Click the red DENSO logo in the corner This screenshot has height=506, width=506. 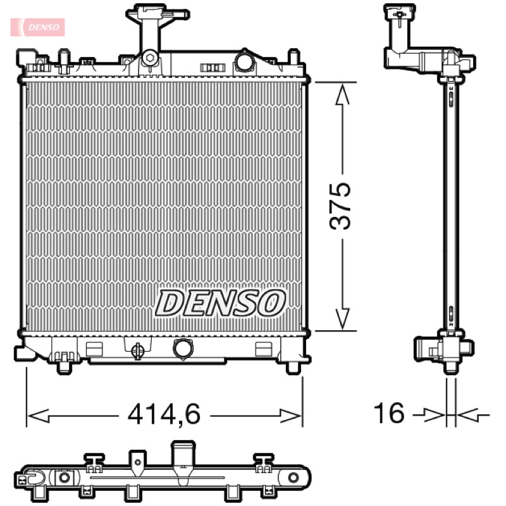(x=38, y=27)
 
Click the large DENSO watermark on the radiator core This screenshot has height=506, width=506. (x=220, y=303)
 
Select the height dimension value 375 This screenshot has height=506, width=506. (x=340, y=206)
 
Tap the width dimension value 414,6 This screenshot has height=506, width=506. (x=164, y=414)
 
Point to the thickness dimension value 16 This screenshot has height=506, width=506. (x=389, y=413)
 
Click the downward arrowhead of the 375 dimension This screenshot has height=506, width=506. (x=342, y=319)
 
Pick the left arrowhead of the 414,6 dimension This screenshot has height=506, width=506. (x=39, y=416)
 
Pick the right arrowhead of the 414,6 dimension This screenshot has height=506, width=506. (x=290, y=416)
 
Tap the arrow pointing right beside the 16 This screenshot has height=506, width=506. (x=429, y=415)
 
